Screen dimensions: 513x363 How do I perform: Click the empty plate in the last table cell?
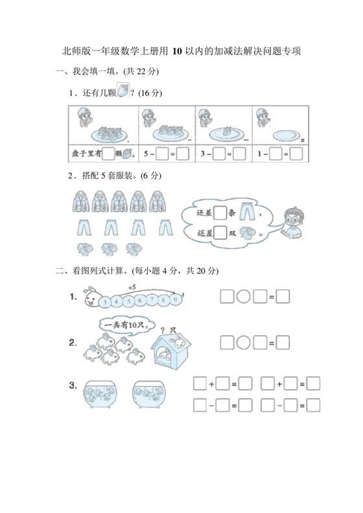coord(282,134)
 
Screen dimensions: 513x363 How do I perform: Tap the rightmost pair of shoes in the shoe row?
coord(134,247)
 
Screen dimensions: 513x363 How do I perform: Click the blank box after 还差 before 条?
coord(220,212)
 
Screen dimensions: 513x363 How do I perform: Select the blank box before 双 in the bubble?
coord(220,232)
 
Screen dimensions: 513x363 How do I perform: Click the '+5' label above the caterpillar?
coord(132,286)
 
